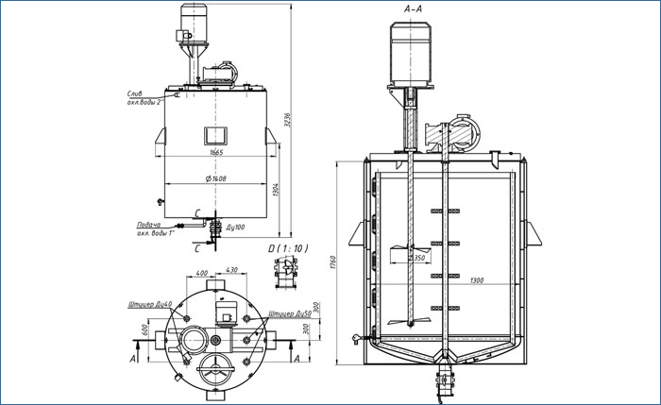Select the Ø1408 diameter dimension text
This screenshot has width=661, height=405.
pyautogui.click(x=216, y=178)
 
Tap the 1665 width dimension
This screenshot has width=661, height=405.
pyautogui.click(x=216, y=151)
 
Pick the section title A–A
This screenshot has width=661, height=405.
pyautogui.click(x=413, y=8)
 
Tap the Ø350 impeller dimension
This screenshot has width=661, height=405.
pyautogui.click(x=415, y=257)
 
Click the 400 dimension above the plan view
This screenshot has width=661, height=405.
pyautogui.click(x=200, y=274)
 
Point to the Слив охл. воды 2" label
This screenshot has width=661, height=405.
pyautogui.click(x=144, y=98)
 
